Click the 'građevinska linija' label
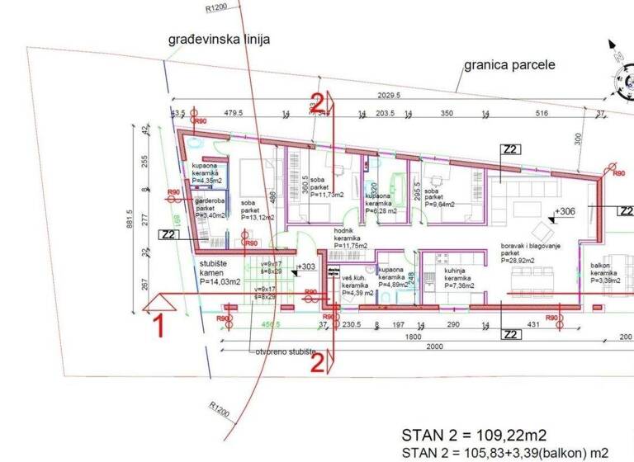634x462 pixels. pos(218,39)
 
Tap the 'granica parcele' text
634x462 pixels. pos(509,64)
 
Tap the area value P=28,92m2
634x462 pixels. pos(521,261)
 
